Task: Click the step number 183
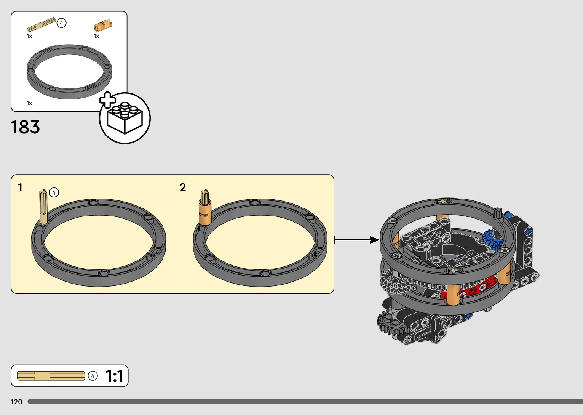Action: click(x=26, y=127)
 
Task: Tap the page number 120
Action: click(x=17, y=402)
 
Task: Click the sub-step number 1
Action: click(x=20, y=187)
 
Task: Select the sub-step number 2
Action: click(x=183, y=187)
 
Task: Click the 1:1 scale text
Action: click(x=114, y=376)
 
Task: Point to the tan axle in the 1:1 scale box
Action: click(x=51, y=376)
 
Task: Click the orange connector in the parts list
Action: click(x=102, y=26)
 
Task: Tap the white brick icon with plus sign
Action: click(x=125, y=118)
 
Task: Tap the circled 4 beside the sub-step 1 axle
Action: click(x=54, y=192)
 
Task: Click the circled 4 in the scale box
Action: click(x=93, y=376)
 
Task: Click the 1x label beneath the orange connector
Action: click(x=96, y=36)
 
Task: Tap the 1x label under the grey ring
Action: click(x=29, y=103)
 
